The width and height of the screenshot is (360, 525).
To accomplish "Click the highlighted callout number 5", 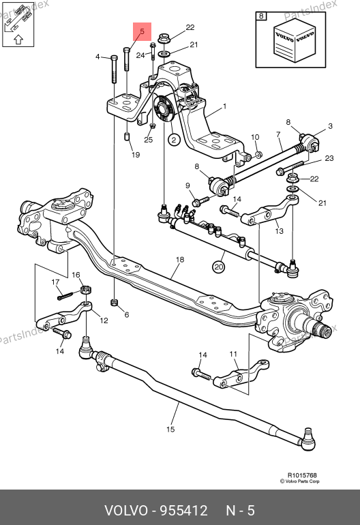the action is point(142,31).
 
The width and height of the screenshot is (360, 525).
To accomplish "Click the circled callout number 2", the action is point(173,140).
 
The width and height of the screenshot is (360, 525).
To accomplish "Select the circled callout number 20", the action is point(219,267).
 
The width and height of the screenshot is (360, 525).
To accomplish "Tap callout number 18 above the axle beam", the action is point(180,260).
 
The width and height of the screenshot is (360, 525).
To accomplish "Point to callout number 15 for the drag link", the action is point(170,430).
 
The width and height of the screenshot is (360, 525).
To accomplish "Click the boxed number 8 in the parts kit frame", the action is point(261,16).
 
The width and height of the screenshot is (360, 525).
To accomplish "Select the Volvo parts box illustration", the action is point(295,40).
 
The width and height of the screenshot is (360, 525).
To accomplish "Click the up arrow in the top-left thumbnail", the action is point(18,40).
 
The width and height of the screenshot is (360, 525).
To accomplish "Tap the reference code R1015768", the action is point(302,475).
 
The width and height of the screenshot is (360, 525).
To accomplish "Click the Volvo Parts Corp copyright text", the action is point(300,481).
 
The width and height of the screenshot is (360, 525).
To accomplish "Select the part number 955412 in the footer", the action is point(183,511).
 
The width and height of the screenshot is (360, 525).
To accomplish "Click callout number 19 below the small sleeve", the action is point(136,155).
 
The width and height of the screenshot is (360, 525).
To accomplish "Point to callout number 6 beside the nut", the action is point(127,315).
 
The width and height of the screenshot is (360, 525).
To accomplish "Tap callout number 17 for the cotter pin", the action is point(56,282).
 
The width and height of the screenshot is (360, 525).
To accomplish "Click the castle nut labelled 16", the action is point(87,290).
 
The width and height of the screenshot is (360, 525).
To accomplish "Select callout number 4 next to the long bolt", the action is point(97,57).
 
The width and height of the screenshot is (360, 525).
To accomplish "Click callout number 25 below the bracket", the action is point(149,140).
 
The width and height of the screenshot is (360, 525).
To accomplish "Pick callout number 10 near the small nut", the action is point(255,137).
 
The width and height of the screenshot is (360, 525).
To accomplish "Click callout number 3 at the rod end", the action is point(331,126).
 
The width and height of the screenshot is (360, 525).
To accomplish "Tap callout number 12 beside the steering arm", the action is point(104,320).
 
